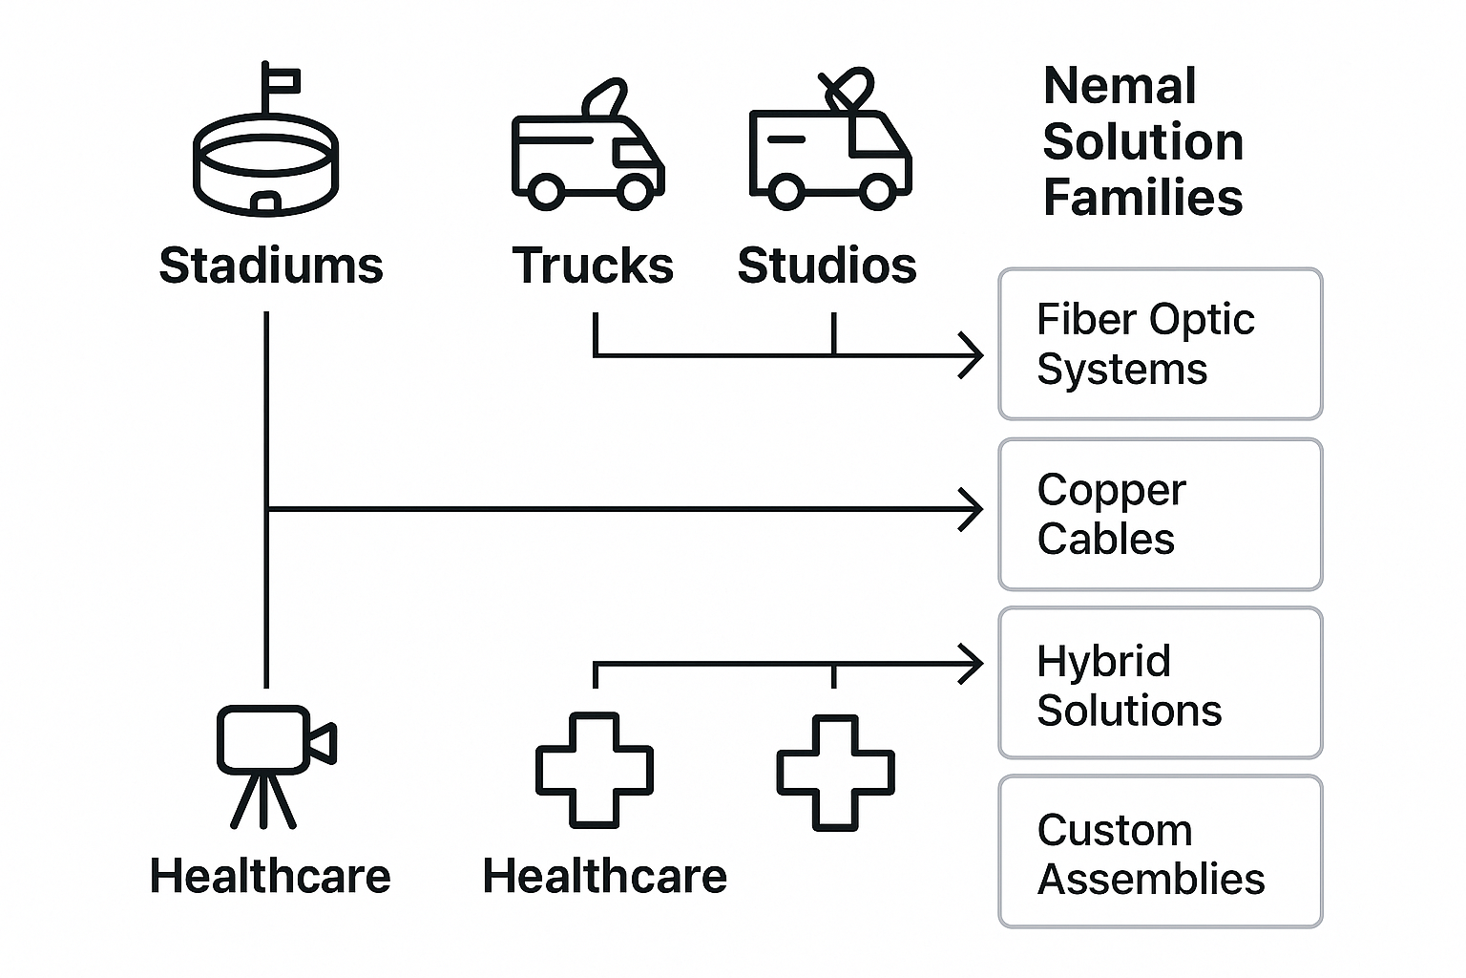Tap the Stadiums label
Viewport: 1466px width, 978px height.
tap(271, 266)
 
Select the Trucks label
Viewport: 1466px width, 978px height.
tap(593, 266)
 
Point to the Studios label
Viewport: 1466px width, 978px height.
tap(827, 266)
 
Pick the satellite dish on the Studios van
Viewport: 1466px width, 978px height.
tap(848, 89)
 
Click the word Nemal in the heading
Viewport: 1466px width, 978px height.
tap(1119, 87)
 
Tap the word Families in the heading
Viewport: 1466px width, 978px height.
tap(1142, 198)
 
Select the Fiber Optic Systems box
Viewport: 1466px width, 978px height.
tap(1160, 344)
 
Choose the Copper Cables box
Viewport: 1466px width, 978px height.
tap(1160, 514)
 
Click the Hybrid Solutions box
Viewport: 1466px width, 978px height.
tap(1160, 684)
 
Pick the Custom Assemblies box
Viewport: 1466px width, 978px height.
tap(1160, 852)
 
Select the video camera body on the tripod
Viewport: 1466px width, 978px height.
tap(263, 739)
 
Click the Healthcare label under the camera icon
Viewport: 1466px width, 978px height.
tap(270, 876)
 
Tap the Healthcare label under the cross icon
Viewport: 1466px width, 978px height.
tap(604, 876)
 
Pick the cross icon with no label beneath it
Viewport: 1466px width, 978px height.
tap(835, 772)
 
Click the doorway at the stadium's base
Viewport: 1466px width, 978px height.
tap(266, 202)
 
